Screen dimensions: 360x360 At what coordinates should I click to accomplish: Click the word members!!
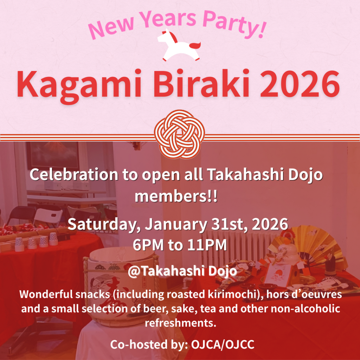(x=176, y=196)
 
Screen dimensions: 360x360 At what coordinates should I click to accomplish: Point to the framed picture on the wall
(x=53, y=155)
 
